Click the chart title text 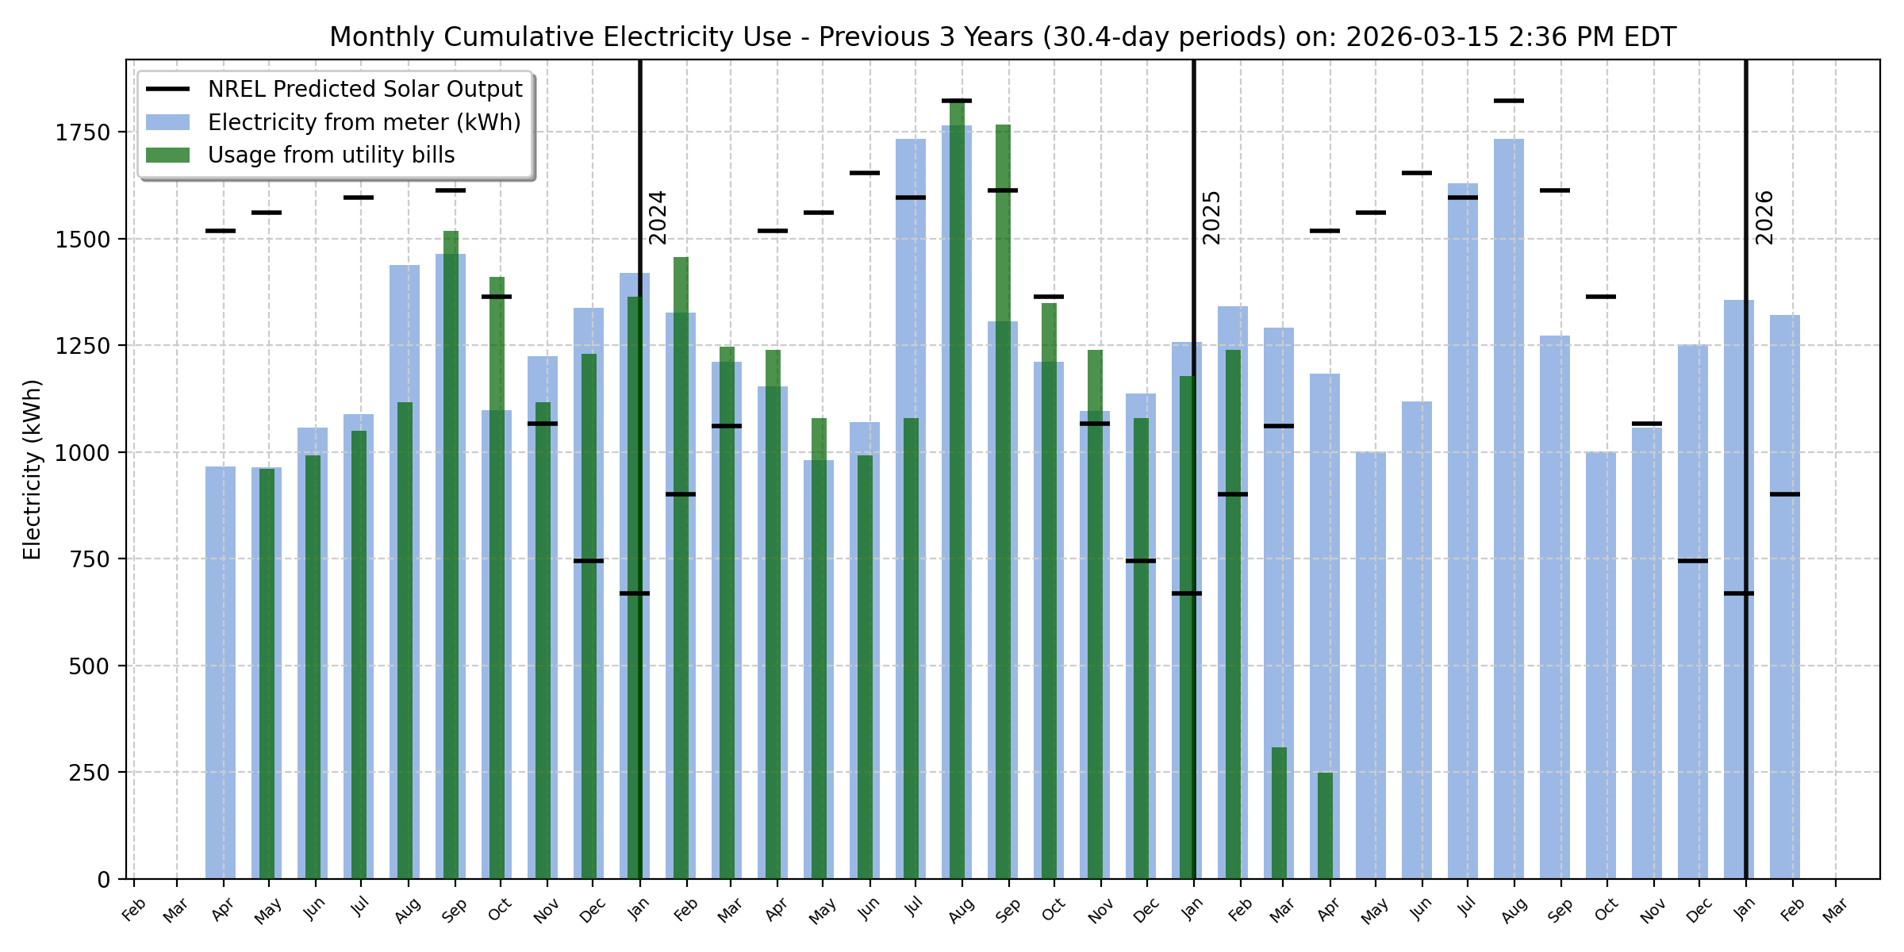1003,37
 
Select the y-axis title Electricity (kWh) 33,470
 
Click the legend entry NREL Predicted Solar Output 365,89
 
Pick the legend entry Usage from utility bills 331,155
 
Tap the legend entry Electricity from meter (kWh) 364,122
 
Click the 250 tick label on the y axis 89,773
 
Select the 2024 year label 658,217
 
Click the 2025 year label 1211,217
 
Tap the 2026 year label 1764,217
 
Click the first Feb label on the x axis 134,909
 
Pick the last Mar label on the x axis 1835,909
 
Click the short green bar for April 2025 1325,825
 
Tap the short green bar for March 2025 1279,813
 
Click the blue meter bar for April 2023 221,674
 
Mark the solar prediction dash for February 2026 1785,494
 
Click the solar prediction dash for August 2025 1509,101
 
